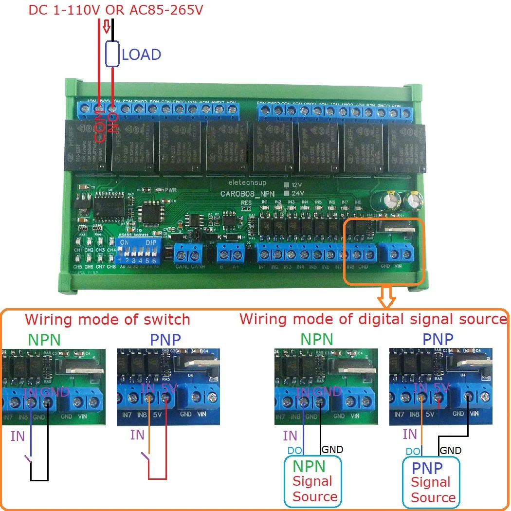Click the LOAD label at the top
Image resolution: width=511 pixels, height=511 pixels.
coord(141,55)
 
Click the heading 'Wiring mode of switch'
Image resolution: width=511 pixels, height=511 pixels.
coord(107,320)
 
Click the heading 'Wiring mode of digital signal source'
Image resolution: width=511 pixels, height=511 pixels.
coord(373,319)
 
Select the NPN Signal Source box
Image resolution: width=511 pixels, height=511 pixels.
coord(313,481)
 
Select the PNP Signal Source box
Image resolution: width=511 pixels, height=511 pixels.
coord(431,482)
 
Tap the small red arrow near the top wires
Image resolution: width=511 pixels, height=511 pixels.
coord(107,28)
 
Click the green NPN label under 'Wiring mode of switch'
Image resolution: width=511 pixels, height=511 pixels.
coord(44,340)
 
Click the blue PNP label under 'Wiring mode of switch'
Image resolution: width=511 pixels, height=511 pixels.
coord(165,340)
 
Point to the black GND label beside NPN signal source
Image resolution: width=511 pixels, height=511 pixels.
coord(332,449)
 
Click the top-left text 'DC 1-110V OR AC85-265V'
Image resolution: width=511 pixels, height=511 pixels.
coord(115,10)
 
